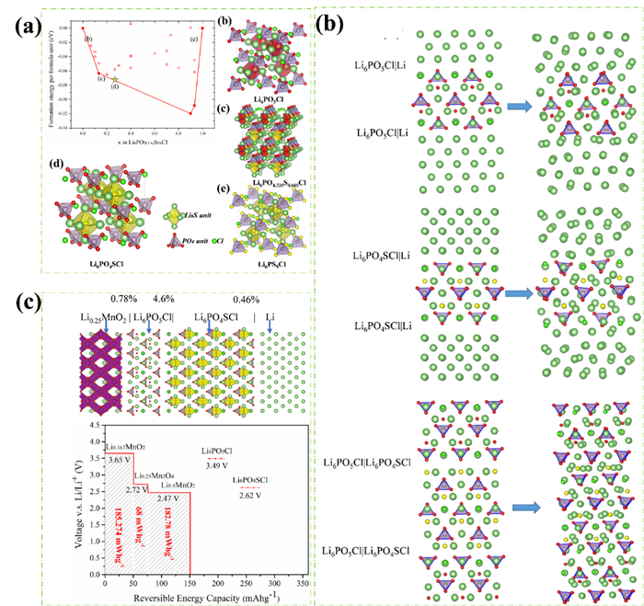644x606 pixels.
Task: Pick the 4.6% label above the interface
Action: click(163, 299)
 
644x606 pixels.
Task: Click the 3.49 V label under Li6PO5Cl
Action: click(216, 468)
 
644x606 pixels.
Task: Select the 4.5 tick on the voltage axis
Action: click(95, 426)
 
